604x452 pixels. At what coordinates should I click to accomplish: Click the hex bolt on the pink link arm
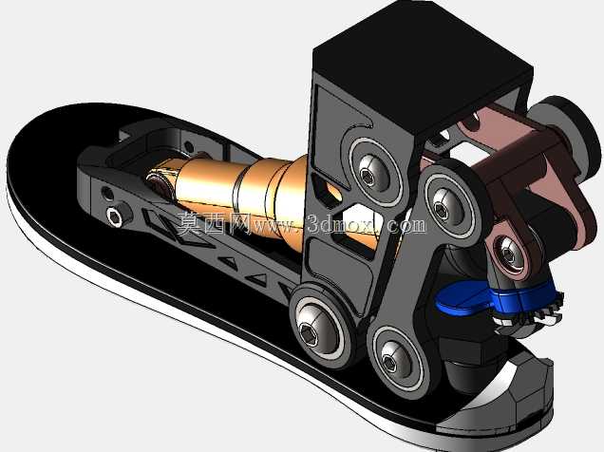point(508,254)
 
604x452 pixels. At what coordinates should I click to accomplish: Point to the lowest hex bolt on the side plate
point(391,361)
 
